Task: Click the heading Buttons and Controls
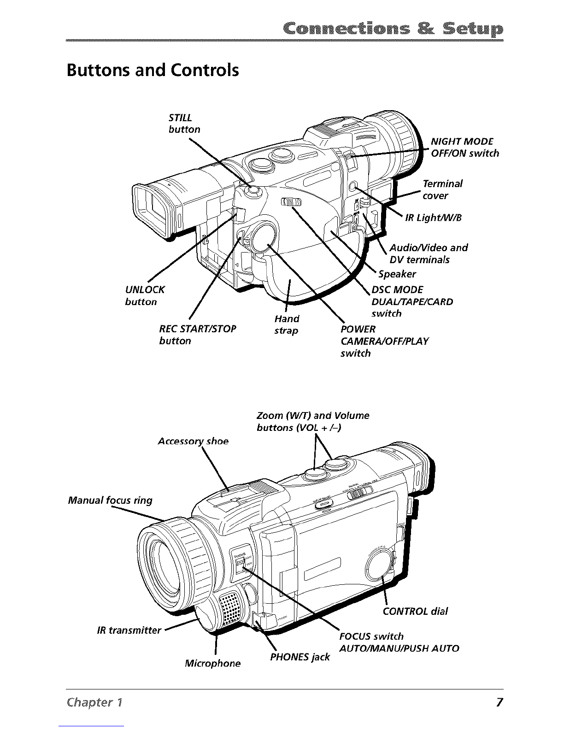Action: click(x=153, y=71)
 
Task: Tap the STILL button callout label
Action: click(x=184, y=124)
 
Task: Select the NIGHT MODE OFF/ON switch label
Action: click(x=464, y=147)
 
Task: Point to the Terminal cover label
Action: click(x=442, y=189)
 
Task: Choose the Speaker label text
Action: click(x=397, y=274)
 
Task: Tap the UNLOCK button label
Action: click(x=145, y=295)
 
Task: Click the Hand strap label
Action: click(x=287, y=324)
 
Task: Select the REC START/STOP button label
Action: click(x=197, y=335)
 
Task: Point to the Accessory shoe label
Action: click(x=193, y=441)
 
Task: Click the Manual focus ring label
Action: click(x=110, y=500)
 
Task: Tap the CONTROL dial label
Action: click(x=415, y=611)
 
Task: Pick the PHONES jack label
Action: click(x=300, y=657)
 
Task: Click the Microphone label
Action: click(x=212, y=663)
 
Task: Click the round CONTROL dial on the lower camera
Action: click(x=378, y=565)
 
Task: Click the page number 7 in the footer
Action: click(x=499, y=702)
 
